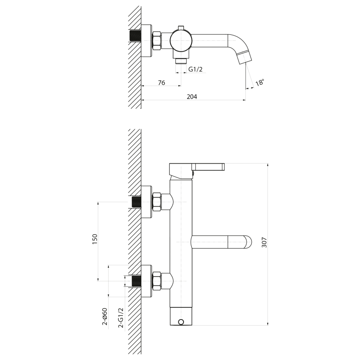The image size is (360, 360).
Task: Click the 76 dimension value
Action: tap(161, 83)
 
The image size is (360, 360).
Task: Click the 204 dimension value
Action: tap(192, 97)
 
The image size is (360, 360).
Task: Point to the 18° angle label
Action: tap(260, 82)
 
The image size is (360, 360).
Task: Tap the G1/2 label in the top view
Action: tap(195, 69)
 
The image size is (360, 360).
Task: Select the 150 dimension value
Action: tap(95, 239)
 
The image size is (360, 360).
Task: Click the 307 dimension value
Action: tap(264, 243)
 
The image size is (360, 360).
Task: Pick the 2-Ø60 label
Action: tap(105, 316)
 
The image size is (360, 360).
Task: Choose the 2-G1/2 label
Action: tap(121, 318)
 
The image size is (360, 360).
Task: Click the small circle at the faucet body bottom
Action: tap(181, 322)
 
